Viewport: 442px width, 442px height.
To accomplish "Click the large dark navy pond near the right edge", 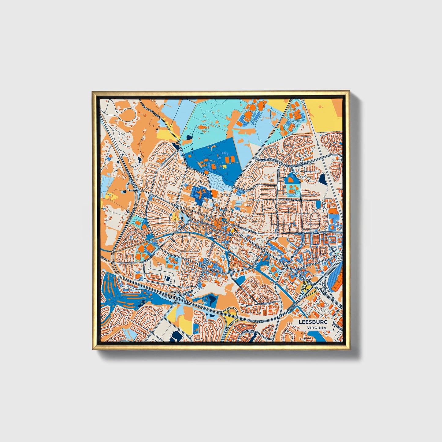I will (323, 179).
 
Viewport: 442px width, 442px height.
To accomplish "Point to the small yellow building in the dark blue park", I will (225, 166).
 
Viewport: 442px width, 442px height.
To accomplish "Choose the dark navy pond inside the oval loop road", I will (168, 279).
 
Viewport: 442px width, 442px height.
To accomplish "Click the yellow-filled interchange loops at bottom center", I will (230, 313).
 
